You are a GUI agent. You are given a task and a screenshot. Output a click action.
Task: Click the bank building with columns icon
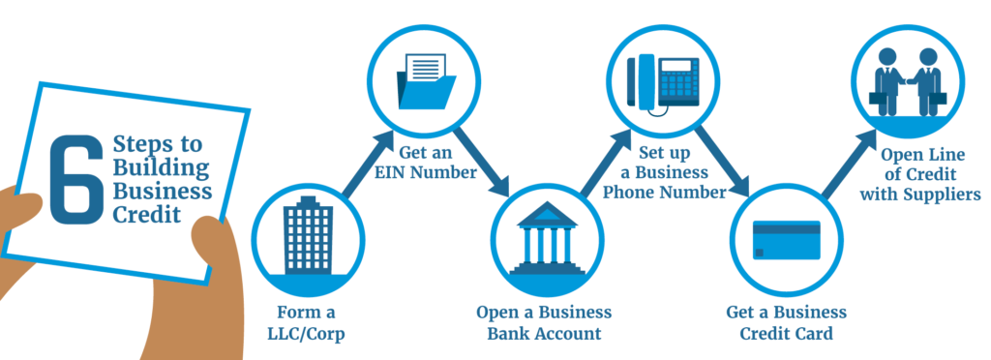click(x=544, y=236)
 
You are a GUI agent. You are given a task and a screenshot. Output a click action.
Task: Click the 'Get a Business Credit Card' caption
click(x=786, y=323)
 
